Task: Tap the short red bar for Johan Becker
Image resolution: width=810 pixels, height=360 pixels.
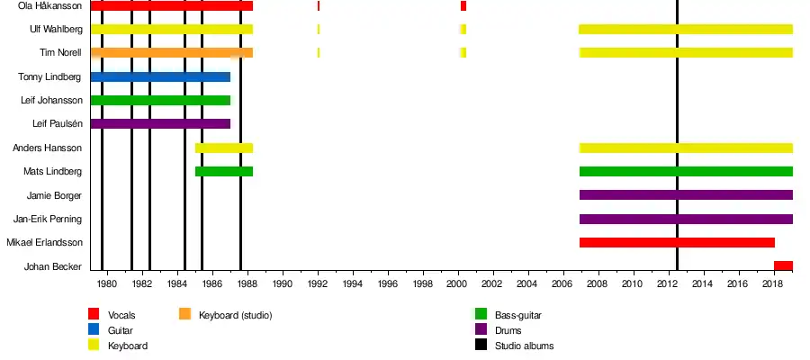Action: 783,265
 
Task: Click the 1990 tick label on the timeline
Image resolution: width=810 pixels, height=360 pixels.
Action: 283,284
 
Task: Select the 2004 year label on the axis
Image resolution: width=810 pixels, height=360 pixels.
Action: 528,284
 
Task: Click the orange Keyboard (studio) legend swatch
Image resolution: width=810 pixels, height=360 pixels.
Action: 184,314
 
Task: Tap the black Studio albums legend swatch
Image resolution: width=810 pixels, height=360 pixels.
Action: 481,345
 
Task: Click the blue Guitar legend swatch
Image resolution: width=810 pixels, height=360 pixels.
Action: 94,329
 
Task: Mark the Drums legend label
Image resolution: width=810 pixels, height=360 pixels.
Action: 508,330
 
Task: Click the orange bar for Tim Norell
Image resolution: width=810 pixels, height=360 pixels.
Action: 171,52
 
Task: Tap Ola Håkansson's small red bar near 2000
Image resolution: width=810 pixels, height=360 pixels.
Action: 463,5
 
